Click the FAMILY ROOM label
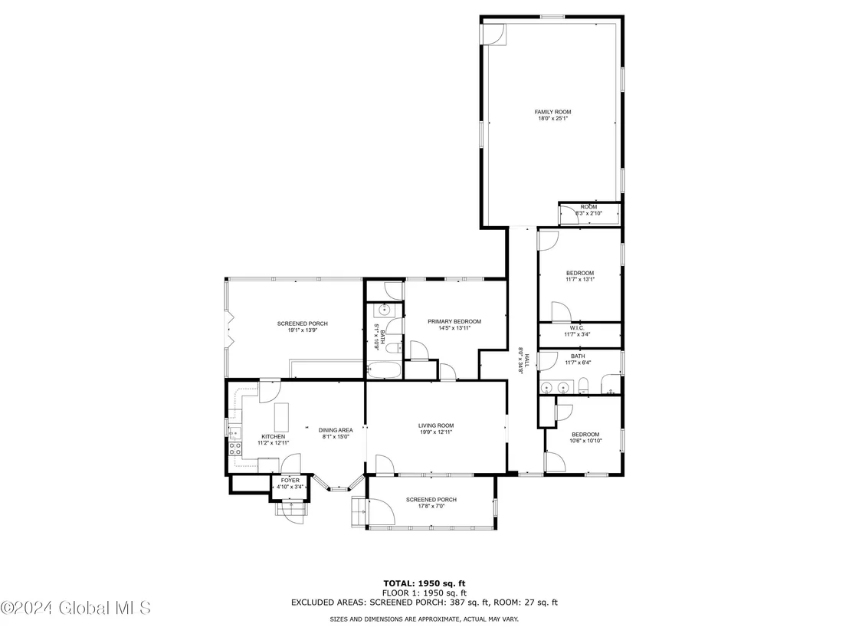[552, 112]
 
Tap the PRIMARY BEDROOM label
[454, 321]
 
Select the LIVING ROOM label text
[436, 425]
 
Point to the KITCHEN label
[274, 437]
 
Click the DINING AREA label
[336, 430]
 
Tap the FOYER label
[290, 481]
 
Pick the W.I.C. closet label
[577, 328]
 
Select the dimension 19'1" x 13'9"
[303, 330]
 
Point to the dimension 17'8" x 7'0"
[431, 506]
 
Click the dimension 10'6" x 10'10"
[586, 440]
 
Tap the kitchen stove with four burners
[235, 448]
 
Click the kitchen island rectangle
[281, 416]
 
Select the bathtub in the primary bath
[384, 370]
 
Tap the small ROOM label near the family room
[588, 207]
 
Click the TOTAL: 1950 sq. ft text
[424, 583]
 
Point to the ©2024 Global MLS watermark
[76, 608]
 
